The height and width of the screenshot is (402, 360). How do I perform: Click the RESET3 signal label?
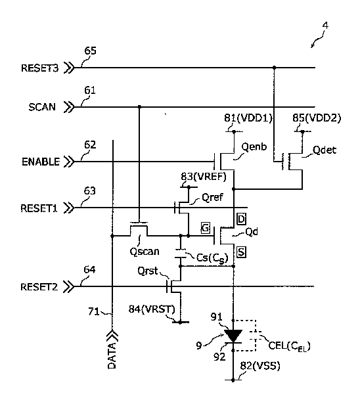coord(39,68)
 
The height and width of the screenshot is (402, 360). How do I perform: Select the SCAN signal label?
coord(42,107)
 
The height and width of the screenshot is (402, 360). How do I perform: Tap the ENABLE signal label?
coord(41,162)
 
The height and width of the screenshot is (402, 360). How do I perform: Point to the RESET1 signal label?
coord(39,208)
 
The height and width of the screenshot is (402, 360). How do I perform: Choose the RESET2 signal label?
coord(39,286)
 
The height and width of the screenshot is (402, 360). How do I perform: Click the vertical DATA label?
coord(112,355)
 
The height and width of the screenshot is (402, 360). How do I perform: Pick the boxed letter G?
coord(206,228)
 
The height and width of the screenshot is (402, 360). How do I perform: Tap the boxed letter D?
coord(241,219)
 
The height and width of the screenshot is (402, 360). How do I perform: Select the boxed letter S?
coord(241,252)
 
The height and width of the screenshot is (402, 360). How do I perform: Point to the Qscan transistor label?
coord(145,252)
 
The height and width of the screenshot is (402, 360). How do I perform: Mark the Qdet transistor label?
coord(325,150)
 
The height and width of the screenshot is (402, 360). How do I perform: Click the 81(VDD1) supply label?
coord(248,118)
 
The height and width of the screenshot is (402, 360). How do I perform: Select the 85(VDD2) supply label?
coord(317,118)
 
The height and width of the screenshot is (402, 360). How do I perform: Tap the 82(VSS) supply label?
coord(260,366)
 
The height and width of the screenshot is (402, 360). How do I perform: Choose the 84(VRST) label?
coord(152,309)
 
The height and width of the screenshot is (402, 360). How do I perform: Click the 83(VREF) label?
coord(204,177)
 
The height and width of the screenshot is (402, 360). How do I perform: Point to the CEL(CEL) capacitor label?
coord(289,346)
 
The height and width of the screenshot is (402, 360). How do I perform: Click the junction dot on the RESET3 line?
coord(274,68)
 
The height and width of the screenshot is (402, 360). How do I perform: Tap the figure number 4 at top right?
coord(325,26)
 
